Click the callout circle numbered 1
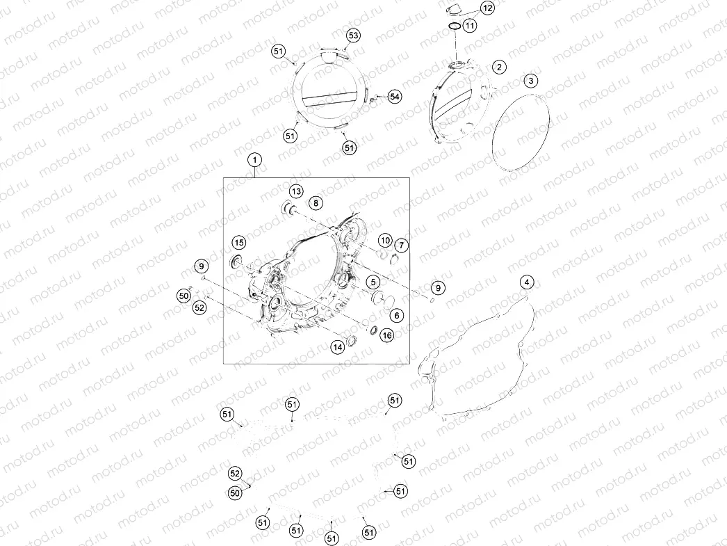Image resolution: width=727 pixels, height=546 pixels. (254, 161)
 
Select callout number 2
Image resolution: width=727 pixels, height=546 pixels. (499, 67)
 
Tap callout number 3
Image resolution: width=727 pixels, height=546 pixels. (531, 81)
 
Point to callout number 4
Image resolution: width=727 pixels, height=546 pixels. (526, 282)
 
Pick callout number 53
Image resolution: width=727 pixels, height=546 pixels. (353, 35)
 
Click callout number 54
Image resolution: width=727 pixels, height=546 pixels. (395, 97)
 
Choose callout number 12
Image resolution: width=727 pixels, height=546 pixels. (487, 8)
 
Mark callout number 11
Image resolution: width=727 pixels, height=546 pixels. (470, 25)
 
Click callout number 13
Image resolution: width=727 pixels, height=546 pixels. (296, 191)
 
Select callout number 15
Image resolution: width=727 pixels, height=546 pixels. (239, 242)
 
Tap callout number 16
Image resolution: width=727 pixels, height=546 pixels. (386, 335)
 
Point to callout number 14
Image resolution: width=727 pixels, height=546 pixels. (338, 346)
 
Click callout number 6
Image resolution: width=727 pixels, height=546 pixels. (396, 316)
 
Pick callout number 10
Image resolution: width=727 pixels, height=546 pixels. (385, 240)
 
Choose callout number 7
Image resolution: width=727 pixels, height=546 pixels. (401, 245)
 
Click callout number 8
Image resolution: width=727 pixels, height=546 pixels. (316, 202)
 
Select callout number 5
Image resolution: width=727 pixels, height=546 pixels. (373, 282)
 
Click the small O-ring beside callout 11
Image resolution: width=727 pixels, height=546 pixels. (455, 26)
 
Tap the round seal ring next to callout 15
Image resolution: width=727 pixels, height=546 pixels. (237, 261)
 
